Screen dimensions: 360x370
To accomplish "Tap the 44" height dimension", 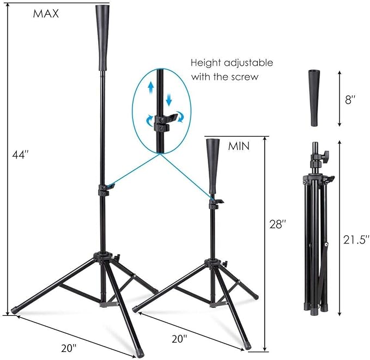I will [20, 155].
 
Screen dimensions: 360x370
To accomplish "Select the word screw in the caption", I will [243, 77].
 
